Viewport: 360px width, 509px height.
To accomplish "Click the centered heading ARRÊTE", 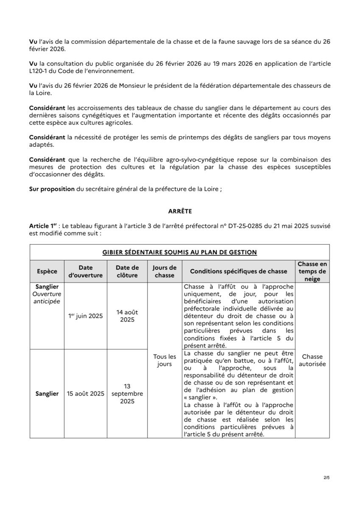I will click(180, 210).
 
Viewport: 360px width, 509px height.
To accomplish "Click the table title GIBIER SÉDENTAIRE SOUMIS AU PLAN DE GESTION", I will click(180, 252).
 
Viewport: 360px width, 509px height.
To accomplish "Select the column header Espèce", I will click(47, 271).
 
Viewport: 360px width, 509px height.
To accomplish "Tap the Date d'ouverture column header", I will click(86, 271).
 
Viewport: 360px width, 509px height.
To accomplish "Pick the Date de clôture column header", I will click(127, 271).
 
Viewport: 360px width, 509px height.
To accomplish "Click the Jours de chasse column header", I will click(165, 271).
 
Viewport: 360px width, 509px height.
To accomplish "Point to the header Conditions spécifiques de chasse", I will click(238, 271).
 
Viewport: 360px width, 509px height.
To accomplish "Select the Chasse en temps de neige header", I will click(312, 271).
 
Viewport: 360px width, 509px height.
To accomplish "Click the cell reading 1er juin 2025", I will click(86, 316).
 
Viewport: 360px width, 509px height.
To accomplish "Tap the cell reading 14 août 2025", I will click(127, 316).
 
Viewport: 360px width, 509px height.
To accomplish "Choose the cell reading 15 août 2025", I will click(86, 394).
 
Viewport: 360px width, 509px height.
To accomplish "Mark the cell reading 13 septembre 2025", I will click(127, 394).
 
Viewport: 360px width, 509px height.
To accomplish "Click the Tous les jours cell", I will click(165, 361).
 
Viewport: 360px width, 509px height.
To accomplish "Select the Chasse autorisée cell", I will click(312, 361).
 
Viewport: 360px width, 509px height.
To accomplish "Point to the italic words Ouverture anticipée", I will click(47, 298).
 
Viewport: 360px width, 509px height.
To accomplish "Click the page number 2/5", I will click(326, 478).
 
